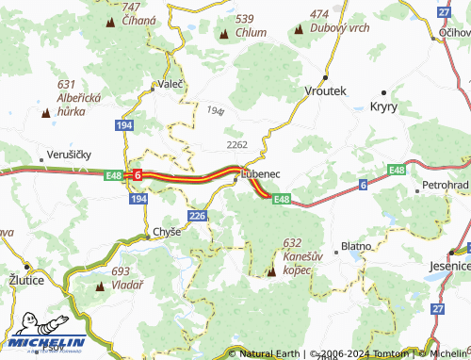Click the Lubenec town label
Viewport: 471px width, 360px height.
pos(261,173)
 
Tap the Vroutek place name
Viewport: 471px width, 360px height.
pos(327,90)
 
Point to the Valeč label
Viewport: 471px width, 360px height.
pos(171,83)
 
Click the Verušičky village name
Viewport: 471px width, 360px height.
pos(68,155)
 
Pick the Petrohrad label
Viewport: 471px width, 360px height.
pos(447,185)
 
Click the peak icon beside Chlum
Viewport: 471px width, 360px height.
pos(224,35)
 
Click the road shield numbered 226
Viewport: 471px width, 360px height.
pos(197,217)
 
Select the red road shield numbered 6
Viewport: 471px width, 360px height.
pos(138,174)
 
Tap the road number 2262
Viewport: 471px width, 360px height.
pos(236,144)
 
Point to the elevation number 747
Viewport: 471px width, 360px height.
pos(131,7)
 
